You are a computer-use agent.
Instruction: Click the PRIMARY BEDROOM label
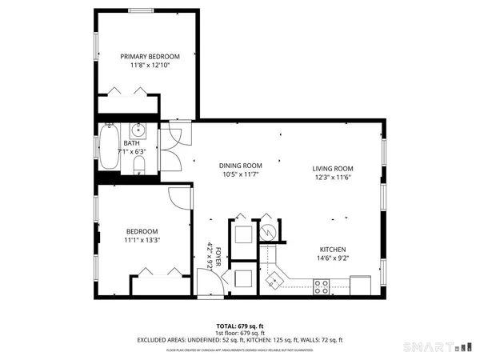(x=150, y=56)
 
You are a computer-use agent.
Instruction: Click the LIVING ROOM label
(x=333, y=169)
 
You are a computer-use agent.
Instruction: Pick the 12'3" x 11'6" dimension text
(x=333, y=178)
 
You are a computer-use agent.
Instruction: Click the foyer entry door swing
(x=207, y=281)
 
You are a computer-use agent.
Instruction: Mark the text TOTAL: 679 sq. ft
(x=240, y=326)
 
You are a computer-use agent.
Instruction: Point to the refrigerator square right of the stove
(x=361, y=285)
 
